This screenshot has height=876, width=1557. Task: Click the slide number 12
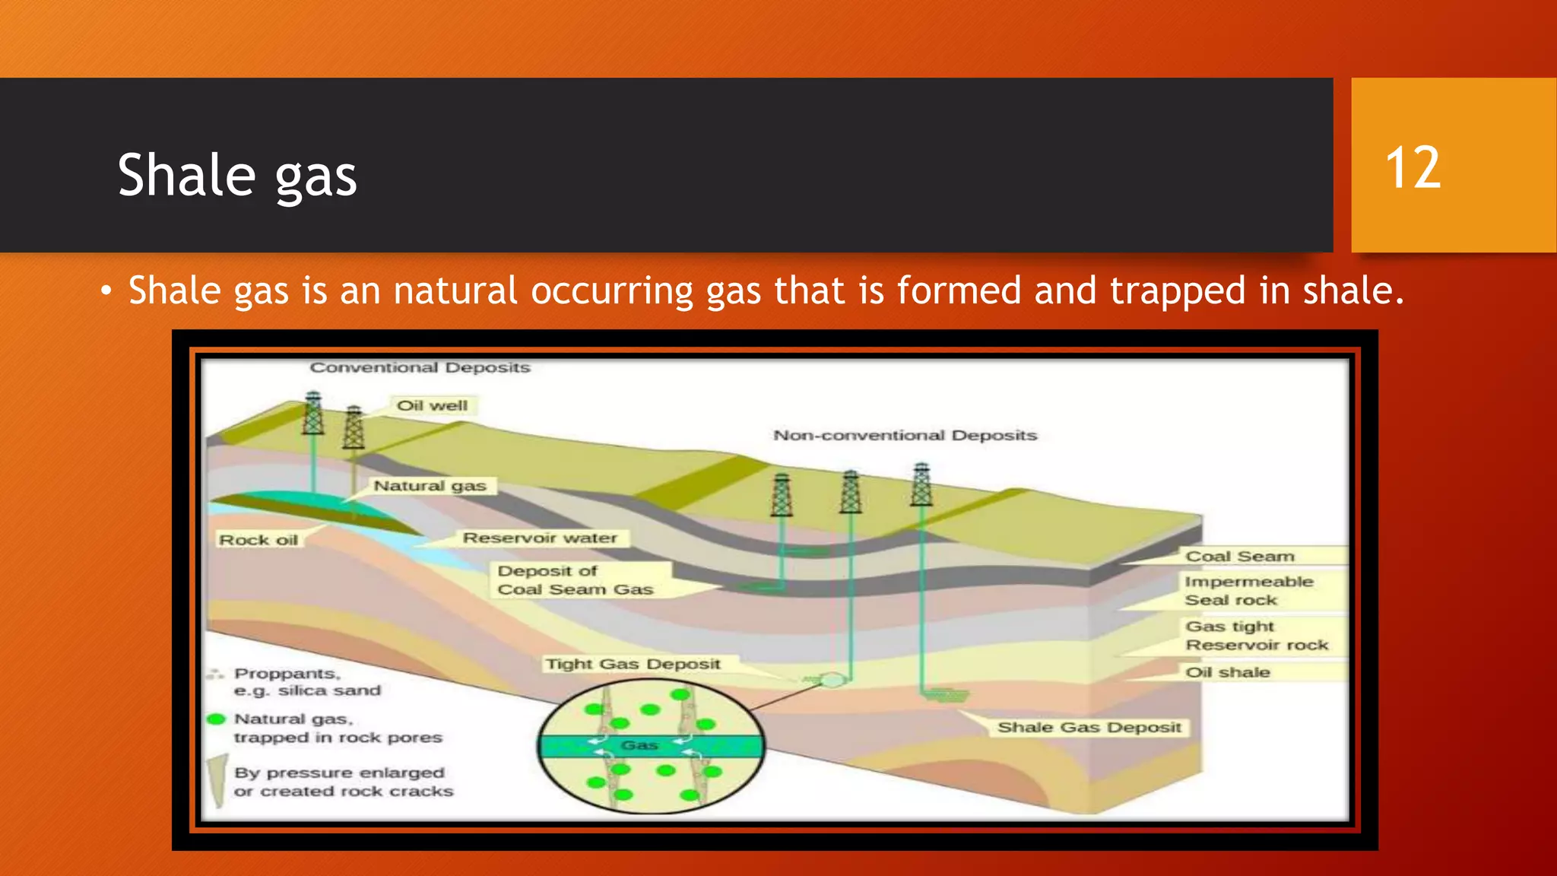tap(1413, 168)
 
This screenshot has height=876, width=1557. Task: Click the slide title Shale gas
tap(237, 175)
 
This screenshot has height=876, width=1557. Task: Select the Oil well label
tap(432, 405)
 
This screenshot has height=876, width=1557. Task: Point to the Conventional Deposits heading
tap(420, 367)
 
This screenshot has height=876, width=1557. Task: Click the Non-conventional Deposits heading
tap(905, 435)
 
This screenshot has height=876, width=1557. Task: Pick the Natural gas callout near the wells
tap(430, 485)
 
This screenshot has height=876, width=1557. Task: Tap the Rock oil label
tap(258, 540)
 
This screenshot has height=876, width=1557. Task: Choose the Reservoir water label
tap(540, 538)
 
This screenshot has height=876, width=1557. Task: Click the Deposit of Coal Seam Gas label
tap(575, 579)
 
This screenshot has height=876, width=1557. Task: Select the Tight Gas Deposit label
tap(633, 664)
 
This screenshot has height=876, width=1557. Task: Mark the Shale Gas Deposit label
tap(1089, 727)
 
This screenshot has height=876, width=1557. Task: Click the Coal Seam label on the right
tap(1239, 556)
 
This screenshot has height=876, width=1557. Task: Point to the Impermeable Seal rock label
tap(1248, 590)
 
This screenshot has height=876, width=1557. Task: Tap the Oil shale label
tap(1227, 672)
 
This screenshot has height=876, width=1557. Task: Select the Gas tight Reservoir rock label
tap(1256, 635)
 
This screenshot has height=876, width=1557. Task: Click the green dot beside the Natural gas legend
tap(217, 719)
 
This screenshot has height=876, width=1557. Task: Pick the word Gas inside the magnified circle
tap(639, 745)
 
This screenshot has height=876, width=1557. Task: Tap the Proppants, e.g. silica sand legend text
tap(306, 681)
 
